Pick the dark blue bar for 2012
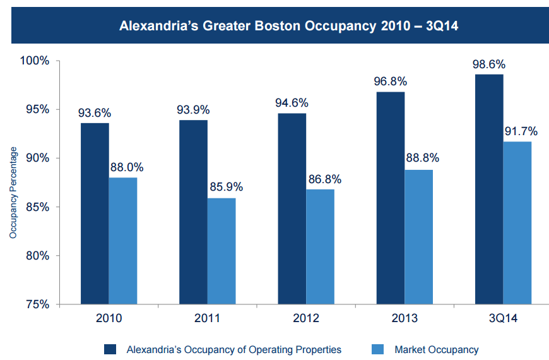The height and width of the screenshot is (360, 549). click(292, 208)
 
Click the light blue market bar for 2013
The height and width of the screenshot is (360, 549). click(418, 237)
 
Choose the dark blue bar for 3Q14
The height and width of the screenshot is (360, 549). click(489, 189)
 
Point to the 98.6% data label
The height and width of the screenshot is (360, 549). click(489, 64)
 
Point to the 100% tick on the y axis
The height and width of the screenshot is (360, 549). click(35, 61)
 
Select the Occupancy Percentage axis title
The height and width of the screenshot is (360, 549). click(13, 193)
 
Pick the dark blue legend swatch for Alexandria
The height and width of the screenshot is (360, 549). click(111, 349)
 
